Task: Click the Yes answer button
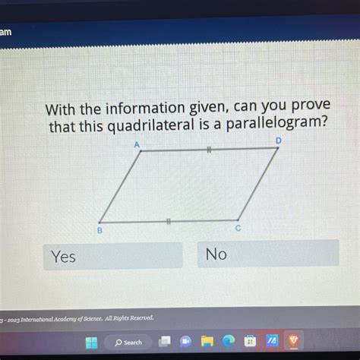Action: click(114, 256)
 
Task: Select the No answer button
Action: click(267, 254)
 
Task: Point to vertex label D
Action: click(278, 141)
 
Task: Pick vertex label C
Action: click(238, 227)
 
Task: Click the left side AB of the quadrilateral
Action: click(119, 187)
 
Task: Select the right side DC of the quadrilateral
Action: click(257, 185)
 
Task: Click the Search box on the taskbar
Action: click(130, 342)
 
